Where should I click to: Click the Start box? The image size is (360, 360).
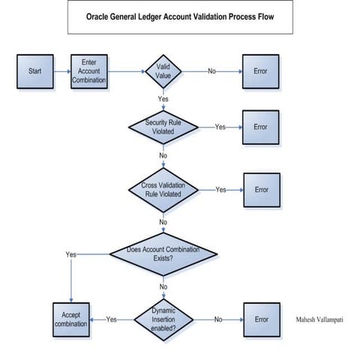[34, 71]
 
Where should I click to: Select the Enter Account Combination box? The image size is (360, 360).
[89, 71]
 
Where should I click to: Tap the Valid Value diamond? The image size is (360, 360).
[163, 71]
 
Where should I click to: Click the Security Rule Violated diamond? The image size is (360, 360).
[163, 127]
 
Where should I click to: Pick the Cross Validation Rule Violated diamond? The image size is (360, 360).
[163, 190]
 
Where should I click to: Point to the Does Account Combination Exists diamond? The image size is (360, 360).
[163, 254]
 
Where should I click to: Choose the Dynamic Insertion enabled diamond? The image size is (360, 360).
[163, 319]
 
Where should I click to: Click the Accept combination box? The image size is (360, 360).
[70, 319]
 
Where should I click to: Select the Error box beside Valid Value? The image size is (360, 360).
[260, 71]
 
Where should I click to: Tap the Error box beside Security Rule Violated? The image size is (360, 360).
[260, 127]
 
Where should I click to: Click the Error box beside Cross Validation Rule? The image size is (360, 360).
[260, 190]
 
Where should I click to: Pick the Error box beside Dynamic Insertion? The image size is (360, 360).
[260, 319]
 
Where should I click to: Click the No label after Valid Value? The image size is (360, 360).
[211, 71]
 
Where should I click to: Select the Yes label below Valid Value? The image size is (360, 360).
[163, 98]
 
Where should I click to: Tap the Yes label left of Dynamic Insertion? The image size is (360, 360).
[112, 319]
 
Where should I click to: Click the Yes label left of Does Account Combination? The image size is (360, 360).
[70, 254]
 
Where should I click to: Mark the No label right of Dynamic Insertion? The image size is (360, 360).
[218, 319]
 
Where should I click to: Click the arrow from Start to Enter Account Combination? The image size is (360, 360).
[61, 71]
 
